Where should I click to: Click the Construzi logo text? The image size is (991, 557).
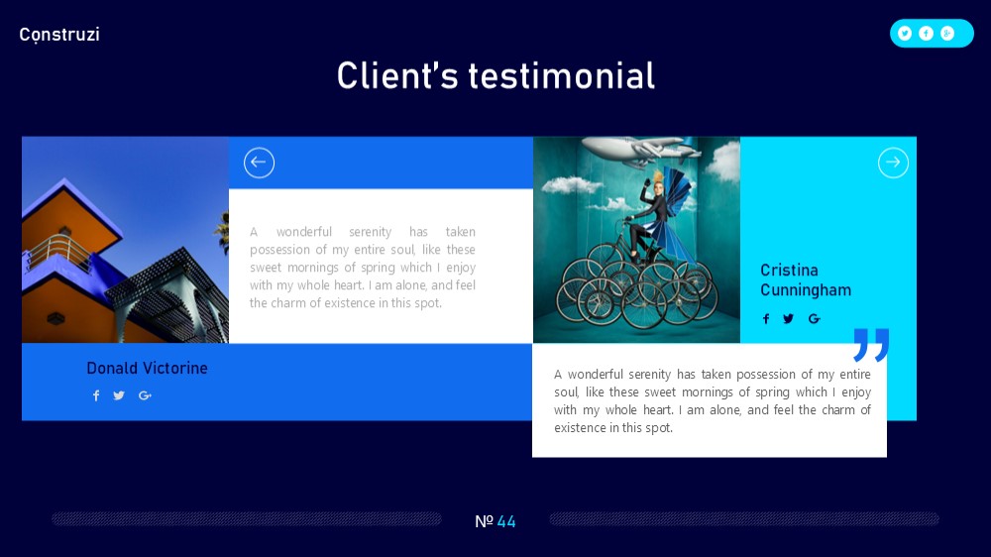tap(59, 34)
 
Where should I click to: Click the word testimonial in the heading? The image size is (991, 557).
tap(561, 76)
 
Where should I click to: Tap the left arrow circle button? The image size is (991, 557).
tap(259, 163)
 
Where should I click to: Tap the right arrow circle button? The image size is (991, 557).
tap(893, 163)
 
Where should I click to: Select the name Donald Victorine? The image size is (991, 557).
tap(147, 368)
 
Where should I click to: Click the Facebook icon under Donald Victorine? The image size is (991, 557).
tap(96, 395)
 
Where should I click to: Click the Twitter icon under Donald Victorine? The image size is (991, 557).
tap(119, 395)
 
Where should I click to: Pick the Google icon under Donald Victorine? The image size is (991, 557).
tap(145, 395)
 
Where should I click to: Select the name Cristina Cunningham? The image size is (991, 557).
tap(806, 279)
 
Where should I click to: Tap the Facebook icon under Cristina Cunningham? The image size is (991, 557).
tap(766, 319)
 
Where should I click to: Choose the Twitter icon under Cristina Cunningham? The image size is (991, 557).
tap(788, 319)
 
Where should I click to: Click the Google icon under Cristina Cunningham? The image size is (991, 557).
tap(814, 319)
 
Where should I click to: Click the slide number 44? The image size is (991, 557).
tap(506, 521)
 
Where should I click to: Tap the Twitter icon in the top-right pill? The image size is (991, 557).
tap(905, 34)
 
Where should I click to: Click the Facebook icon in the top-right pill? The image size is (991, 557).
tap(926, 34)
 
